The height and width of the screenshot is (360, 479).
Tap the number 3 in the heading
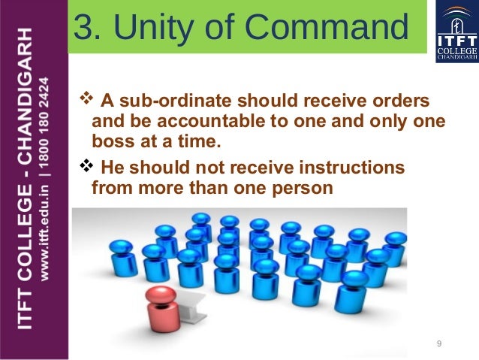click(x=86, y=29)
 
